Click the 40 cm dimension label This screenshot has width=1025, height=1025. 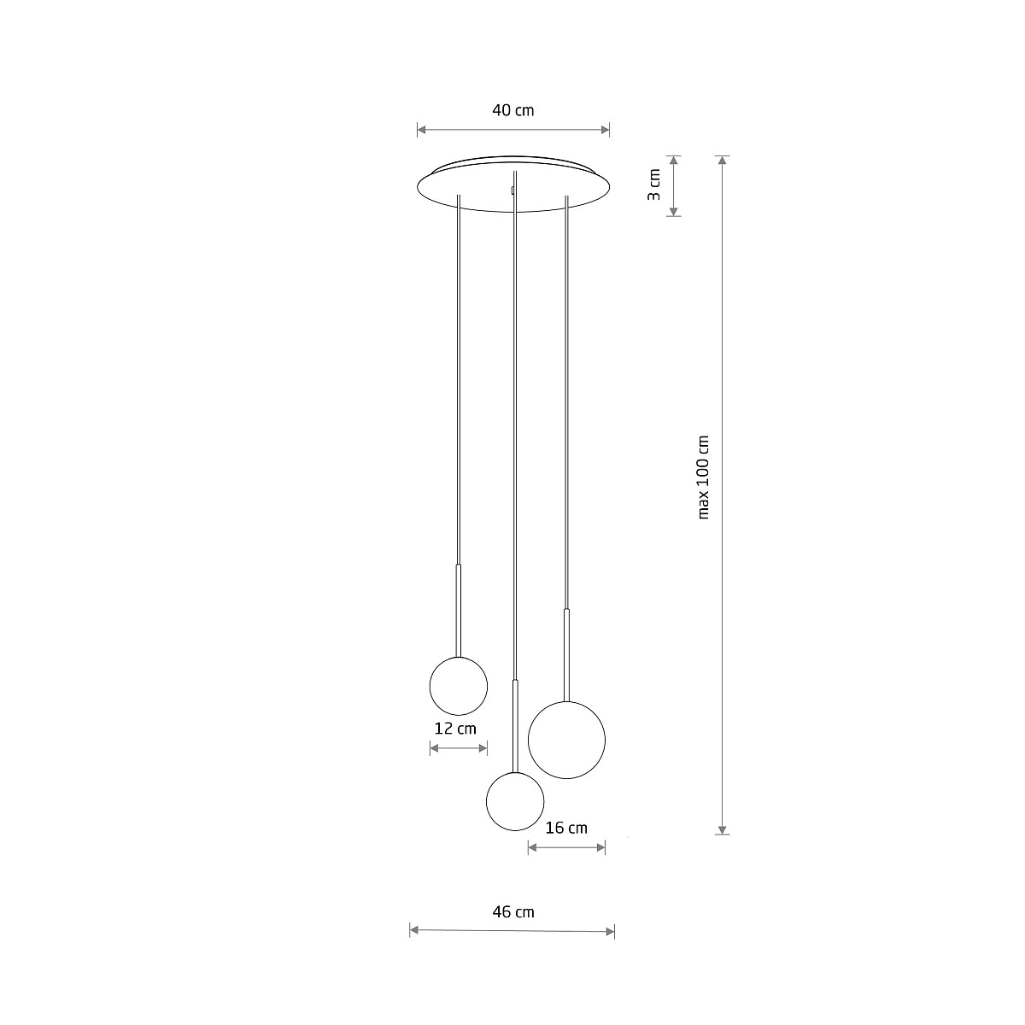pos(512,111)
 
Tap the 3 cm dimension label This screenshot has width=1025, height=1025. pos(653,184)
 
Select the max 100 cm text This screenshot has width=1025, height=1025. pos(703,477)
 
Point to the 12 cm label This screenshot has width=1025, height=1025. pos(455,729)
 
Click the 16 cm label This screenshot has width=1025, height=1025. pos(566,829)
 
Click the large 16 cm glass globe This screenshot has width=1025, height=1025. pos(566,740)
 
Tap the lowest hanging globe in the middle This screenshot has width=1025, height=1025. pos(515,801)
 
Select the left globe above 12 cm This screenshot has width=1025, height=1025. pos(459,686)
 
